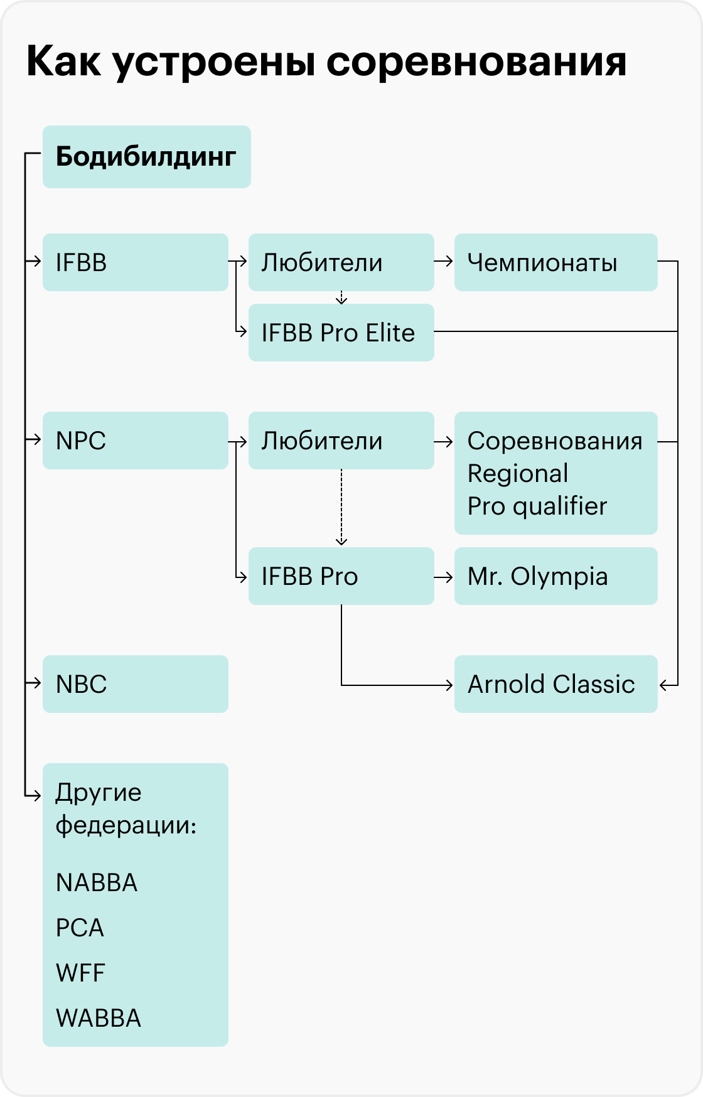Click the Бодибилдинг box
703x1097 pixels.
[x=147, y=157]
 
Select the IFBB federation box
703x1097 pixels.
[x=136, y=262]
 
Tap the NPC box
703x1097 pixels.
[x=136, y=441]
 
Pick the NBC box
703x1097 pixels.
[x=136, y=684]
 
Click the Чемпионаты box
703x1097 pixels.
[x=556, y=262]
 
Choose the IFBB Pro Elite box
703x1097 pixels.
[x=341, y=333]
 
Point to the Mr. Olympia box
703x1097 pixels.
[x=556, y=576]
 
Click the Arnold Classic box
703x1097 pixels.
[x=556, y=684]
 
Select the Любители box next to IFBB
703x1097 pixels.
[x=341, y=262]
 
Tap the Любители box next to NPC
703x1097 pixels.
[x=341, y=441]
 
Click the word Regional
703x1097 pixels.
[x=518, y=474]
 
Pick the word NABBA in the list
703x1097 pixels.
[x=97, y=883]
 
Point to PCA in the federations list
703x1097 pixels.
[x=80, y=928]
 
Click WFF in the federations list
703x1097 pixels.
[x=80, y=973]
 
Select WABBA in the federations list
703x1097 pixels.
[x=99, y=1019]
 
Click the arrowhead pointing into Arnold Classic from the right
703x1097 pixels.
[x=664, y=685]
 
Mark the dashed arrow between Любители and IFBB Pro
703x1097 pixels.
[x=341, y=508]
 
